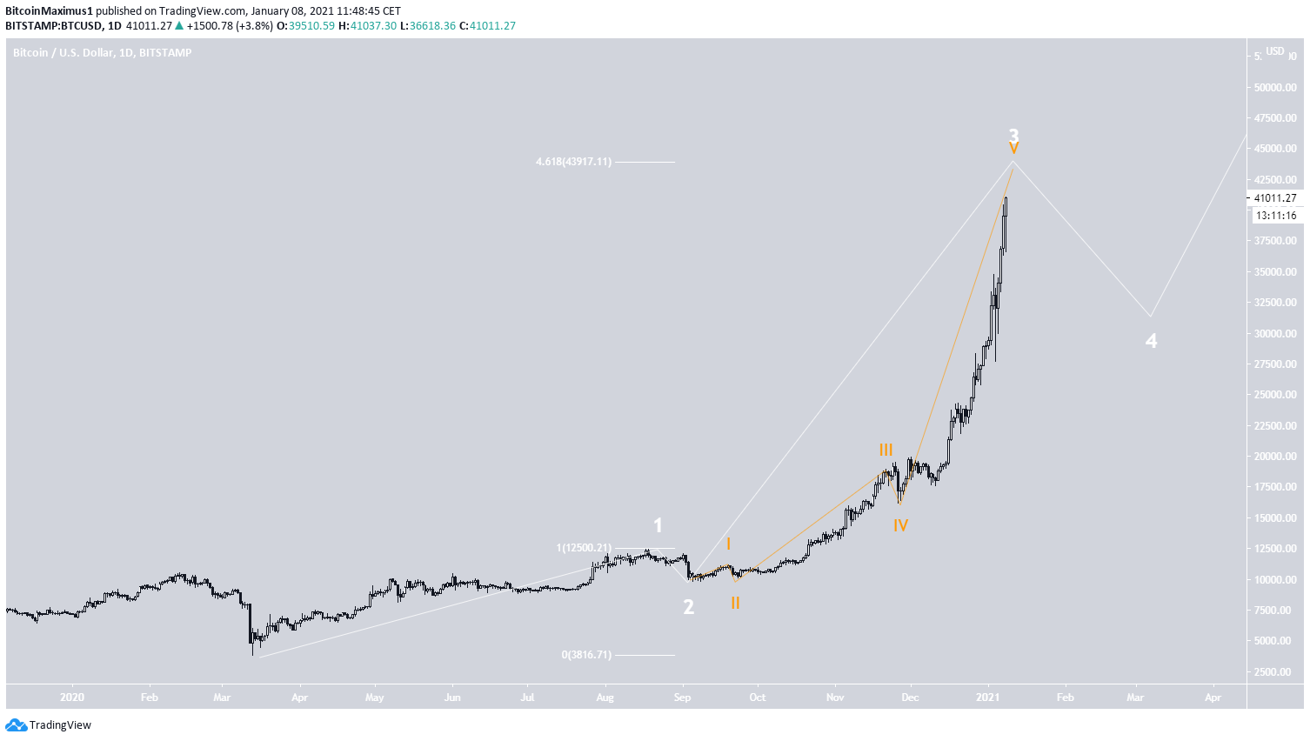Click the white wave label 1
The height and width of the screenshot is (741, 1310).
click(x=658, y=525)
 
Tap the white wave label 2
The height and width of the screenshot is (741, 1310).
click(x=688, y=607)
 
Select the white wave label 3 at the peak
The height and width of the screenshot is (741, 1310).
click(x=1013, y=135)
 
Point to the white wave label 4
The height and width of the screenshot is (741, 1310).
click(x=1151, y=341)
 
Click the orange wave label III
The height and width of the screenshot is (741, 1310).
click(x=886, y=450)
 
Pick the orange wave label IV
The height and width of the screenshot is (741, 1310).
click(x=900, y=525)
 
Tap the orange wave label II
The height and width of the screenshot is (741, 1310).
click(x=735, y=603)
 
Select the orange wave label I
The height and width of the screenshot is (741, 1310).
click(x=728, y=544)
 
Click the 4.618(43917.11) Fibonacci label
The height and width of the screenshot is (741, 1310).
click(x=573, y=162)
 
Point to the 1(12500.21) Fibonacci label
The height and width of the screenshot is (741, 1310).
click(x=584, y=548)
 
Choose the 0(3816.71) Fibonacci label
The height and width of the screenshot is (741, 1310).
click(x=586, y=655)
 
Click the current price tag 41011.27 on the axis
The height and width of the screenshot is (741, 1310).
click(x=1274, y=198)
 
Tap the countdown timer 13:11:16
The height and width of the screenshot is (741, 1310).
click(x=1275, y=216)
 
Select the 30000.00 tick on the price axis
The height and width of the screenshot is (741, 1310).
click(x=1275, y=333)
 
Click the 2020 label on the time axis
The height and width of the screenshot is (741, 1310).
click(x=72, y=698)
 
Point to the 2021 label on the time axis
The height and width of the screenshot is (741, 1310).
click(x=987, y=698)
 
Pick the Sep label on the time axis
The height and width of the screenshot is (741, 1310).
click(x=683, y=698)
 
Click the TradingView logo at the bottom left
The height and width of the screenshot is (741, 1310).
click(x=49, y=724)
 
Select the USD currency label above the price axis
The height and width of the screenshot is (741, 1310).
click(x=1274, y=51)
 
